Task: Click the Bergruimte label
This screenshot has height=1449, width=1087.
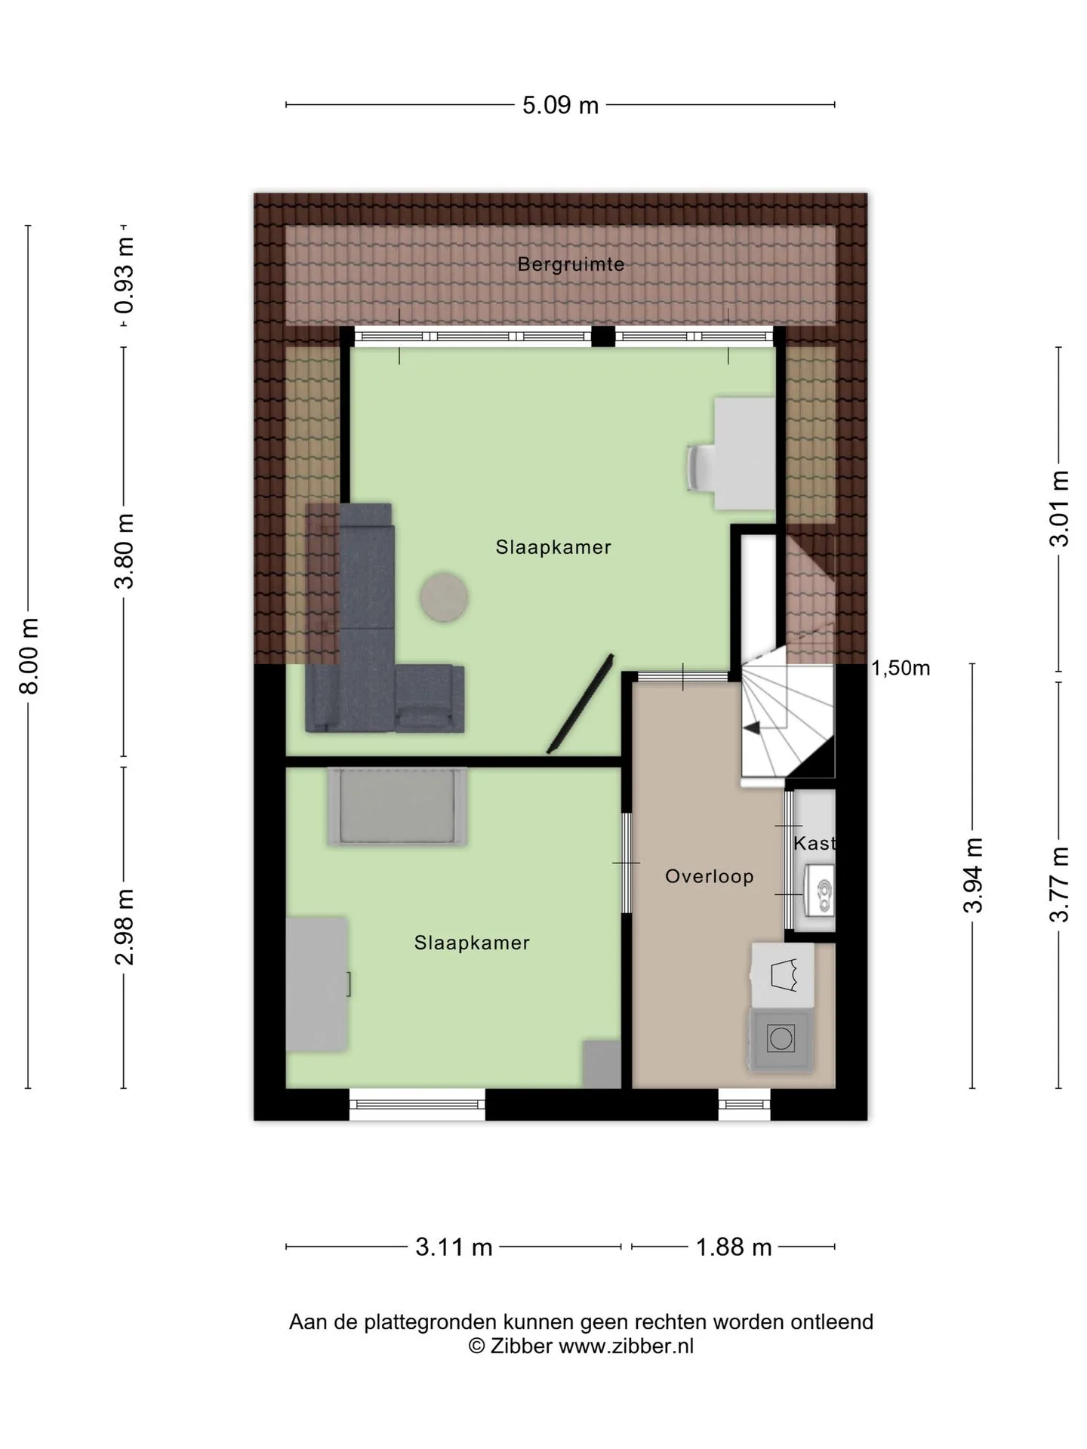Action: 571,264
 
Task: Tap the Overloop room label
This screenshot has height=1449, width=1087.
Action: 709,876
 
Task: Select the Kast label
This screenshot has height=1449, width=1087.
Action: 814,843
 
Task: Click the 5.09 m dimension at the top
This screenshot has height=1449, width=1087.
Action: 560,105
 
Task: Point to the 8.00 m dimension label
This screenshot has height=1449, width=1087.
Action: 29,656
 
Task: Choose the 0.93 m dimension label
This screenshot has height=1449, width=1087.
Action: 124,275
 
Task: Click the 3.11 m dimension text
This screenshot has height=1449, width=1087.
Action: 454,1247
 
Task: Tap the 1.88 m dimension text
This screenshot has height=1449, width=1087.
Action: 734,1247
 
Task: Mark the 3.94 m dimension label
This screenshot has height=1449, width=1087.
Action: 973,875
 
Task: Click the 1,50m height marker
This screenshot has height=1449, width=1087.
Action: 901,668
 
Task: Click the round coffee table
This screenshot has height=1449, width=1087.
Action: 444,598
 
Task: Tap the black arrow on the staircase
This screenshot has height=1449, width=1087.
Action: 752,728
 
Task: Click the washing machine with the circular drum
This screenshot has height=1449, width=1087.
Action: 781,1039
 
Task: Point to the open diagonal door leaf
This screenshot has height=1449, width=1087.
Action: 579,703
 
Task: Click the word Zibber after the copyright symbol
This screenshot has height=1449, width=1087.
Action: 522,1346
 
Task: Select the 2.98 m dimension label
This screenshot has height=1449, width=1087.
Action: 124,927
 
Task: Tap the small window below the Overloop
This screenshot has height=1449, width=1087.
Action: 744,1104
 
